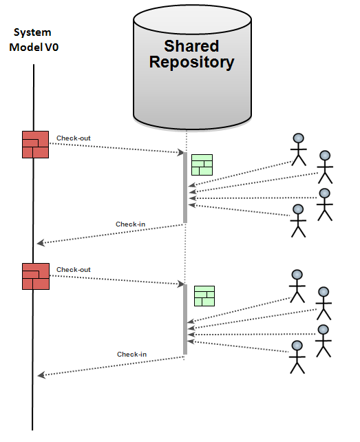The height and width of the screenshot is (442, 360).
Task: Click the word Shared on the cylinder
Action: click(191, 46)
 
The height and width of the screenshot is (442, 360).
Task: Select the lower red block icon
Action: click(35, 276)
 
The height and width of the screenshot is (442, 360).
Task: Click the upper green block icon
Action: click(202, 165)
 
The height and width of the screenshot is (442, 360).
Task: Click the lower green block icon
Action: click(204, 296)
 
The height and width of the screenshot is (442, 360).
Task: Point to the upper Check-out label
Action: click(74, 138)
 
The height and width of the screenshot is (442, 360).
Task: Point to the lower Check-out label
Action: click(74, 270)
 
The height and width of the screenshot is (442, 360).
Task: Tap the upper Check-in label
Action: click(131, 224)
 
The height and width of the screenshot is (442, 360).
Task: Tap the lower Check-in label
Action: click(131, 355)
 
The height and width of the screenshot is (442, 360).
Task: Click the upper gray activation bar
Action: click(184, 188)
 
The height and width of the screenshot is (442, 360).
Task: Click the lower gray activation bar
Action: click(184, 319)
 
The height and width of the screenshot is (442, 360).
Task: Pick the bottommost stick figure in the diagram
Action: click(297, 357)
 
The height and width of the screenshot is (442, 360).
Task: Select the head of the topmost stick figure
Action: click(297, 137)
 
